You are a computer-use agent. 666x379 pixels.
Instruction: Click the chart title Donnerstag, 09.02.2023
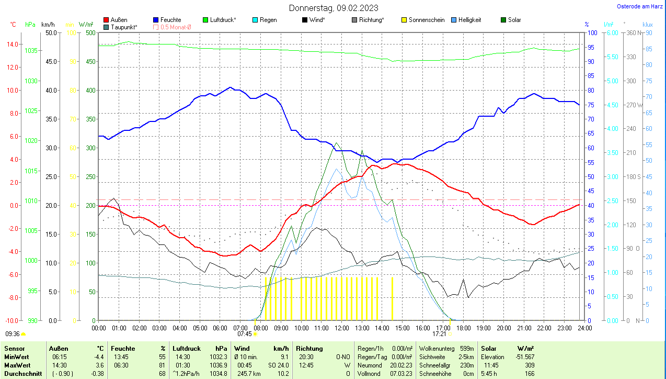tap(334, 8)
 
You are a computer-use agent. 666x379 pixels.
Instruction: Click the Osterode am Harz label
tap(639, 6)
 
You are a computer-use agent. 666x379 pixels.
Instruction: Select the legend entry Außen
tap(119, 20)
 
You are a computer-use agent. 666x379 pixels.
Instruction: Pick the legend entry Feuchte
tap(170, 20)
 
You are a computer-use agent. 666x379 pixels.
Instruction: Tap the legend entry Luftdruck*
tap(223, 20)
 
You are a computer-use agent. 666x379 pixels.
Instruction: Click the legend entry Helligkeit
tap(469, 20)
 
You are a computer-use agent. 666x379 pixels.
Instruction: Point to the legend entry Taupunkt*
tap(124, 27)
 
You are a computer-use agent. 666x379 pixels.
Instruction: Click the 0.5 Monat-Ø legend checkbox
tap(155, 27)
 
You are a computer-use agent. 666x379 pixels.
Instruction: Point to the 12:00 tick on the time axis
tap(341, 328)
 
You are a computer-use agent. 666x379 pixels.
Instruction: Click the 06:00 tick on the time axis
tap(220, 328)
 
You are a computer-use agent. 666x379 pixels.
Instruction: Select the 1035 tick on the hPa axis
tap(31, 50)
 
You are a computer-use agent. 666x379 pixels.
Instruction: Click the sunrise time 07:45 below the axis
tap(245, 333)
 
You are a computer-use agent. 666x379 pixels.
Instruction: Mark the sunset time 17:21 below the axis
tap(440, 333)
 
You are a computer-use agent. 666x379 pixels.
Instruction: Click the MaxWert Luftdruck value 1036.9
tap(218, 365)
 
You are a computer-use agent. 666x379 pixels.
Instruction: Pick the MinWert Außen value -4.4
tap(99, 356)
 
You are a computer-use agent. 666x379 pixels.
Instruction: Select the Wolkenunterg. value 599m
tap(466, 348)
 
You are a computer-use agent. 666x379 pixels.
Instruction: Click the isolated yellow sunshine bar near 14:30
tap(392, 298)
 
